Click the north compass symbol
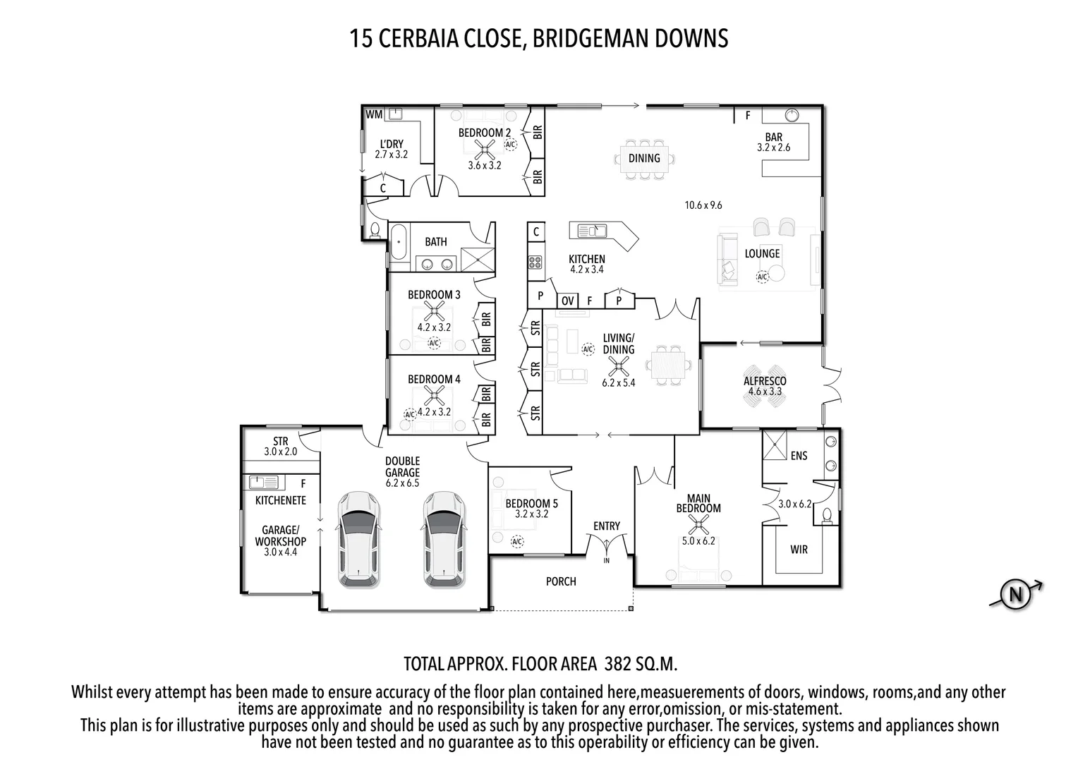click(1016, 595)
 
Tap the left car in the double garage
click(361, 539)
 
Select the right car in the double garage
click(444, 539)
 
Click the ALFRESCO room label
click(765, 381)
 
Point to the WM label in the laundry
click(374, 114)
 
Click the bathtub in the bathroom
click(399, 243)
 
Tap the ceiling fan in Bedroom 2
click(485, 147)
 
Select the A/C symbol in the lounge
click(762, 277)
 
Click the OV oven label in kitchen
click(567, 301)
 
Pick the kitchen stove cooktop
click(535, 262)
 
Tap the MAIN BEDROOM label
click(698, 503)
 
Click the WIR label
click(799, 550)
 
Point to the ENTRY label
click(607, 526)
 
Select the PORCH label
click(561, 581)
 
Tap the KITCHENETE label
click(280, 500)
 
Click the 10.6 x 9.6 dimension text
click(703, 205)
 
